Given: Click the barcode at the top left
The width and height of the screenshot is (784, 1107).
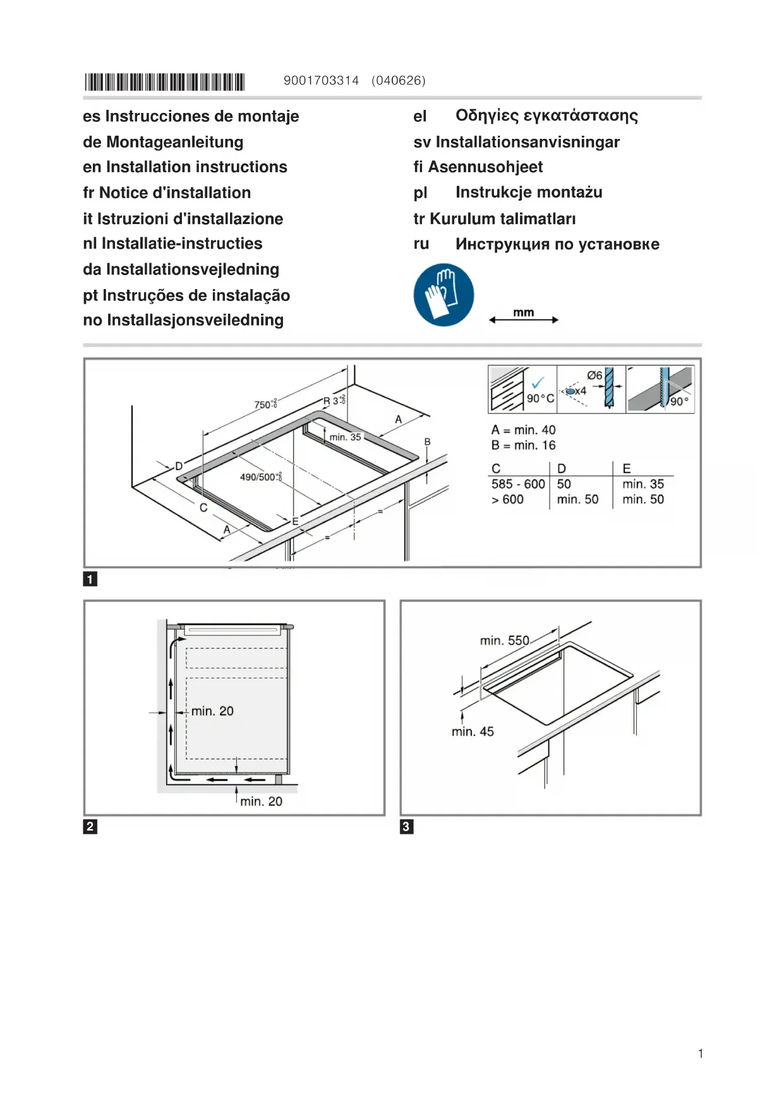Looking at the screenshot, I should pyautogui.click(x=164, y=82).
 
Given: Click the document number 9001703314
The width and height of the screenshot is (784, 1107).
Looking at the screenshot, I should pyautogui.click(x=321, y=81).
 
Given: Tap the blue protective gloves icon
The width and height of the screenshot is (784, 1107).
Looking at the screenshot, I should pyautogui.click(x=443, y=295).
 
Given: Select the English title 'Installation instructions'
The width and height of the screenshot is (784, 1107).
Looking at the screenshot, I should pyautogui.click(x=196, y=167).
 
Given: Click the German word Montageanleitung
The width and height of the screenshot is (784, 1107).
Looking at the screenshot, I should pyautogui.click(x=174, y=142).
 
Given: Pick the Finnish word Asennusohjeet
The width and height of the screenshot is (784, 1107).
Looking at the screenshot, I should pyautogui.click(x=485, y=167).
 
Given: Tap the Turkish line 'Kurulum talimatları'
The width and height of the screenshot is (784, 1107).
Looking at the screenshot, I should pyautogui.click(x=502, y=219).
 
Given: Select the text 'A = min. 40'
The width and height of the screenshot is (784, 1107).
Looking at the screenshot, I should pyautogui.click(x=523, y=430).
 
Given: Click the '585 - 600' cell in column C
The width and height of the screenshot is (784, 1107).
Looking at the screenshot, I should pyautogui.click(x=518, y=484).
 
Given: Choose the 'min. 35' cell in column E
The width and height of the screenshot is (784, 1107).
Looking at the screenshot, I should pyautogui.click(x=643, y=484).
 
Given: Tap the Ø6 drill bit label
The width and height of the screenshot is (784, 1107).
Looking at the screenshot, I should pyautogui.click(x=594, y=376).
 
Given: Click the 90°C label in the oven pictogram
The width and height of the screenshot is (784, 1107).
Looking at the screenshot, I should pyautogui.click(x=540, y=398).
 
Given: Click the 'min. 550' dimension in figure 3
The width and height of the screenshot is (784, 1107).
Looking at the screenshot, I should pyautogui.click(x=504, y=641).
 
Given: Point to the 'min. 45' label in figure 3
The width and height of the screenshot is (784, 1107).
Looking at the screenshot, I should pyautogui.click(x=473, y=731).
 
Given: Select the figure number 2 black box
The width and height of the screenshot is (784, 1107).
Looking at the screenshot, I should pyautogui.click(x=90, y=827).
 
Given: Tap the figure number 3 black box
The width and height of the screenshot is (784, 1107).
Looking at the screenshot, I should pyautogui.click(x=407, y=827).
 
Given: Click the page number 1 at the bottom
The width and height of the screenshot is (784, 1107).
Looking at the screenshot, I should pyautogui.click(x=701, y=1053).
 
